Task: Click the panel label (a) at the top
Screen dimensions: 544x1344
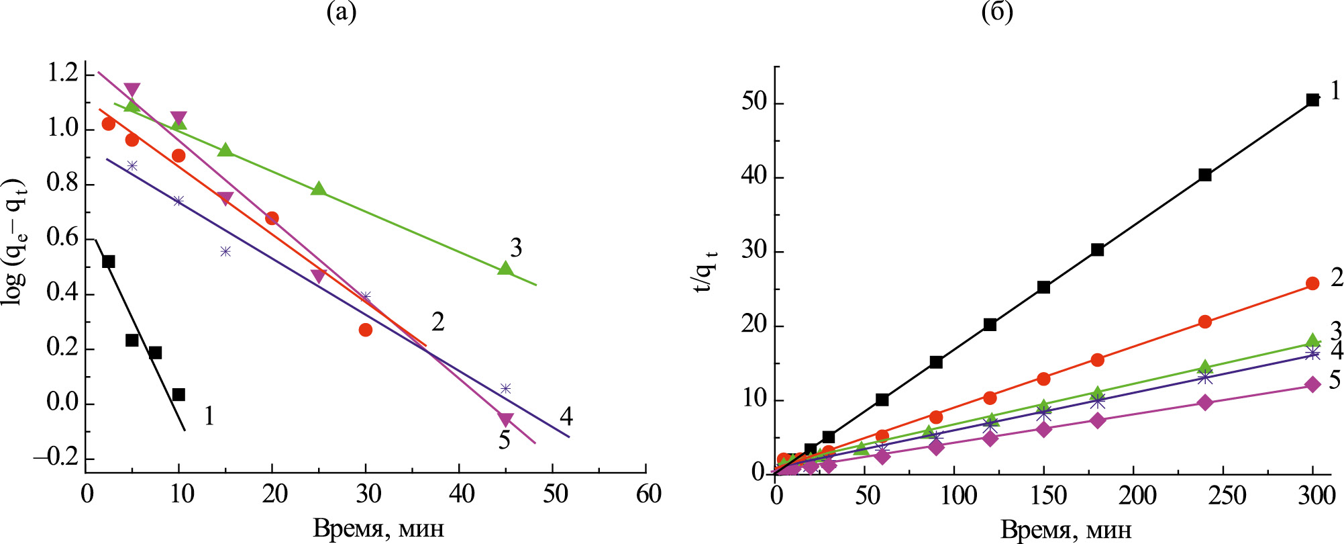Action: pos(341,12)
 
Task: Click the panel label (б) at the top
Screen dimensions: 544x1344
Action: pos(997,12)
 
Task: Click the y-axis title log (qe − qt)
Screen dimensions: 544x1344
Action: pos(15,242)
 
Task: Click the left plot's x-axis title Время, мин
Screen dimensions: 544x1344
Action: pos(378,529)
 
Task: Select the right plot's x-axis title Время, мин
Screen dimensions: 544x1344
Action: pos(1066,530)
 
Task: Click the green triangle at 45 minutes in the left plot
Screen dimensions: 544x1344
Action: pos(505,268)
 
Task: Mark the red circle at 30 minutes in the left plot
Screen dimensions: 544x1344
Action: pos(366,330)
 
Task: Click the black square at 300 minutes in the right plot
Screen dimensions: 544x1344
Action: pos(1312,100)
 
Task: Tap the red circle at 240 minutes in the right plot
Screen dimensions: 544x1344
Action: pos(1205,322)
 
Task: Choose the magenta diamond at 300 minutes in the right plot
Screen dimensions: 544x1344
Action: pos(1312,384)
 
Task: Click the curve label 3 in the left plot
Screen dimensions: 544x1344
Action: pos(515,248)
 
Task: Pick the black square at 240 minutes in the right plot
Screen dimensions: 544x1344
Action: pos(1205,175)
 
